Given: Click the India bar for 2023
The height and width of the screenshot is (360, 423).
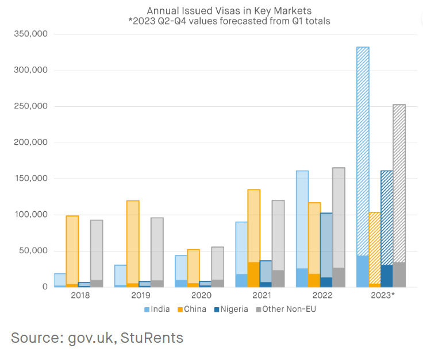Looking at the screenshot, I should tap(363, 167).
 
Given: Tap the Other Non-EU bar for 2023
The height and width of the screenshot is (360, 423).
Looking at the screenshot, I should tap(399, 195).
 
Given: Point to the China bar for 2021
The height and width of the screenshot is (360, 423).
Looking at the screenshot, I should tap(253, 238).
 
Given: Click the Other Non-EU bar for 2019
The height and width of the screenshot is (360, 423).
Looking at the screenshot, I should tap(157, 252).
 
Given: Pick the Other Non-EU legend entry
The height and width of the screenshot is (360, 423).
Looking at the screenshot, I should tap(286, 309).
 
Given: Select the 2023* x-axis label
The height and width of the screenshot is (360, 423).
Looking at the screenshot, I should tap(382, 295).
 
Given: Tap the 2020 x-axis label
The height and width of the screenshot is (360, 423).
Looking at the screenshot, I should tap(201, 295).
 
